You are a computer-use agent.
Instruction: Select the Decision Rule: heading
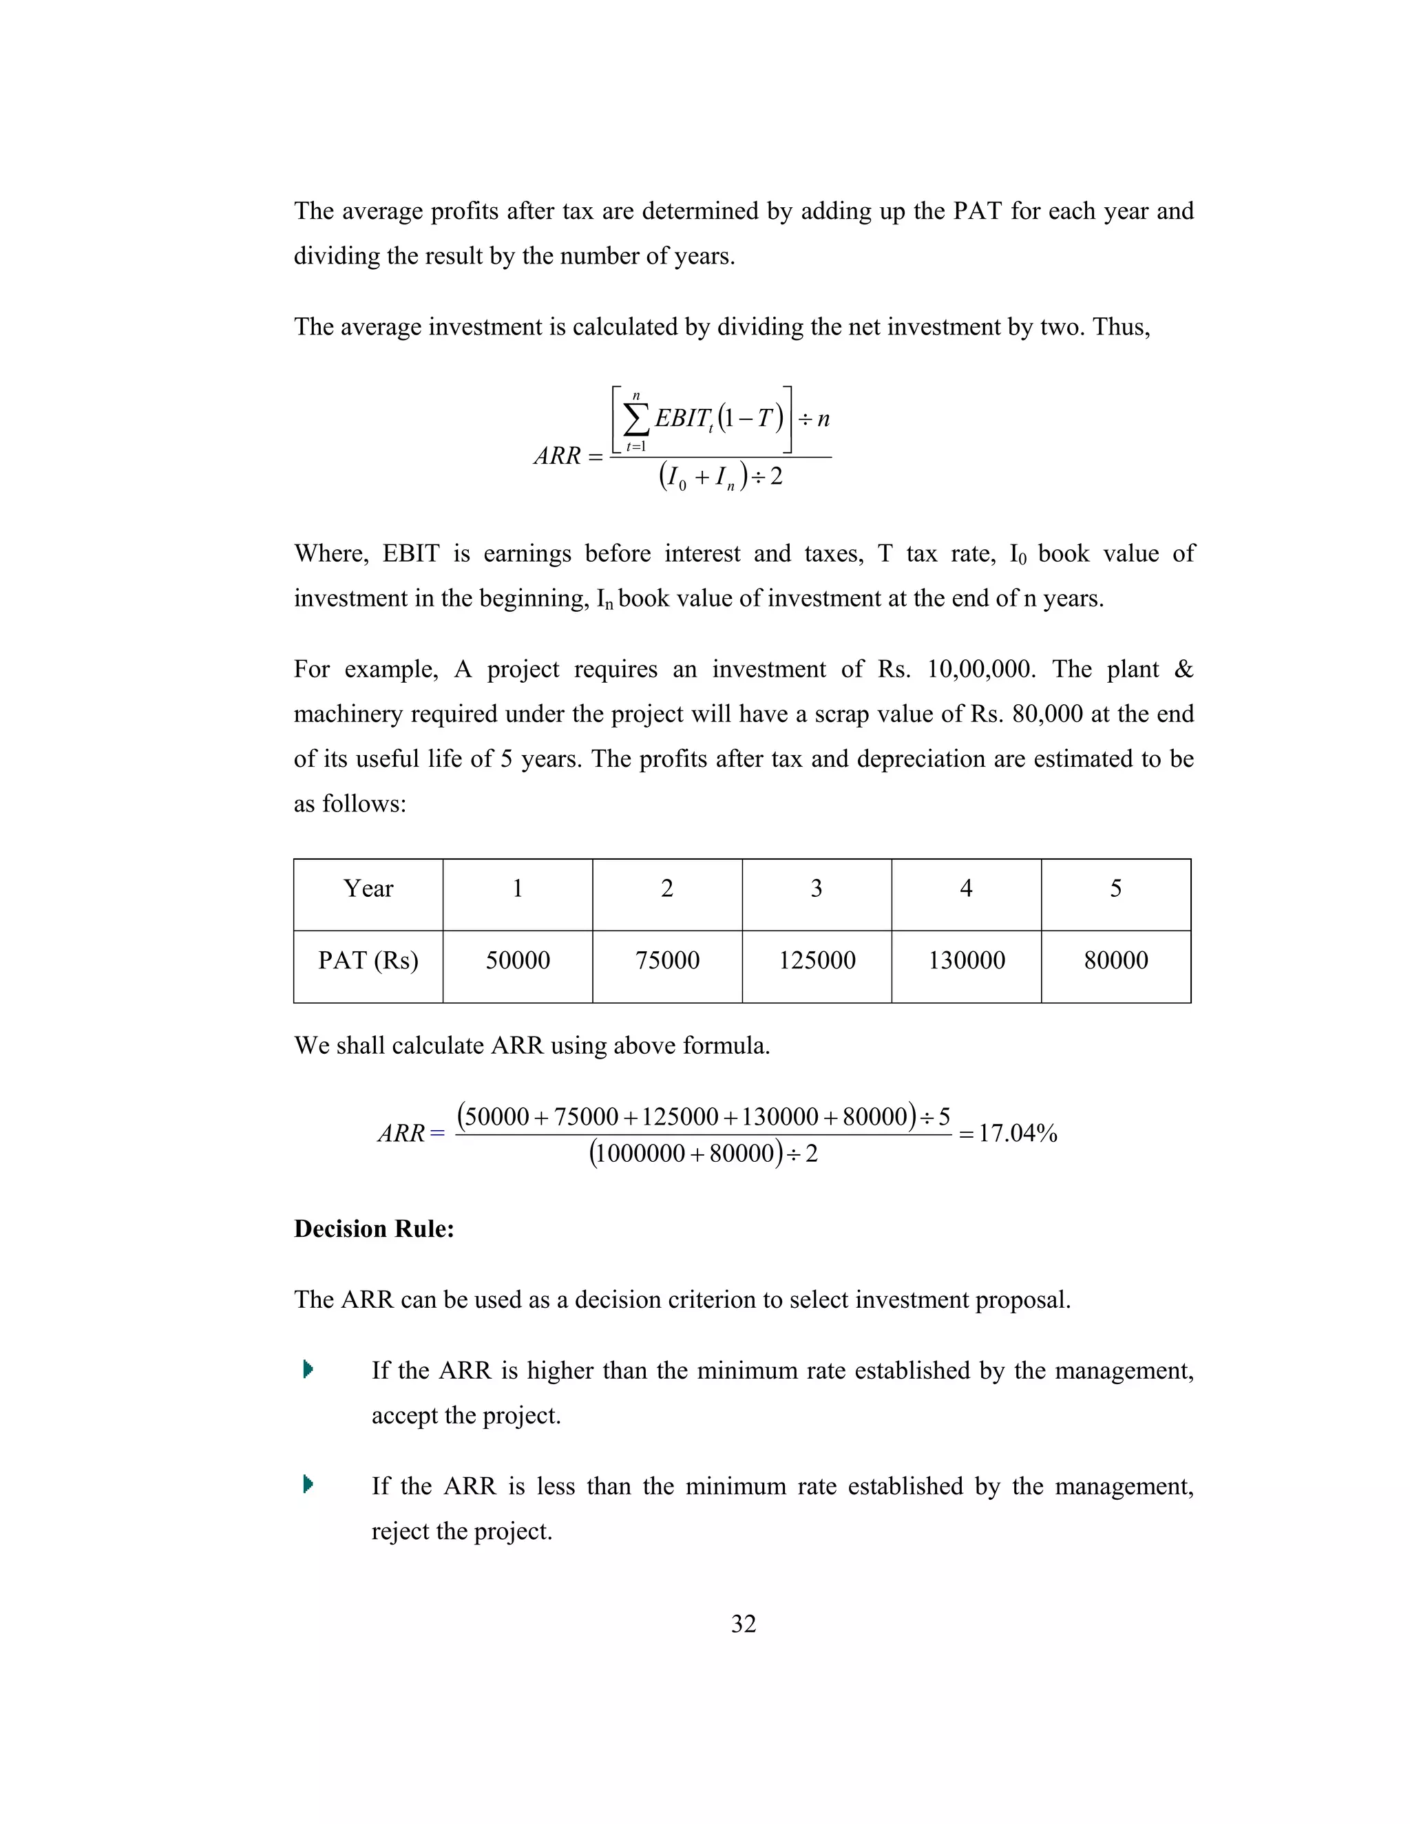click(373, 1229)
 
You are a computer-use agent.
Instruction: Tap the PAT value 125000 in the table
click(816, 960)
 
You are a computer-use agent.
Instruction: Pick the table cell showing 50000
click(517, 960)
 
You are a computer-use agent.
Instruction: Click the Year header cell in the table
click(368, 889)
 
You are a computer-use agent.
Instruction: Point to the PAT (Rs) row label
click(368, 960)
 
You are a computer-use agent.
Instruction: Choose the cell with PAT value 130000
click(966, 960)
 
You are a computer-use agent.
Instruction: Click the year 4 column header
click(966, 889)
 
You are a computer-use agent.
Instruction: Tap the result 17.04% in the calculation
click(1018, 1134)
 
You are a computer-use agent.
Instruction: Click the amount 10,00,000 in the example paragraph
click(980, 669)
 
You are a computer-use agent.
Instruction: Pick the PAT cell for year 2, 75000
click(666, 960)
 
